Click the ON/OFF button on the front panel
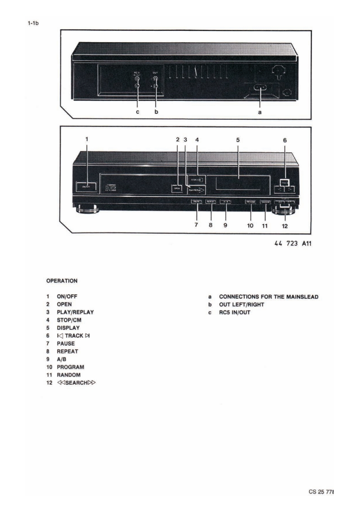(86, 186)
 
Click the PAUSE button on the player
(197, 202)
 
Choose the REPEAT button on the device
(211, 202)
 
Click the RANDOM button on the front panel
(266, 202)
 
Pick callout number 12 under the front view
(285, 225)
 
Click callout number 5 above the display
(238, 141)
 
